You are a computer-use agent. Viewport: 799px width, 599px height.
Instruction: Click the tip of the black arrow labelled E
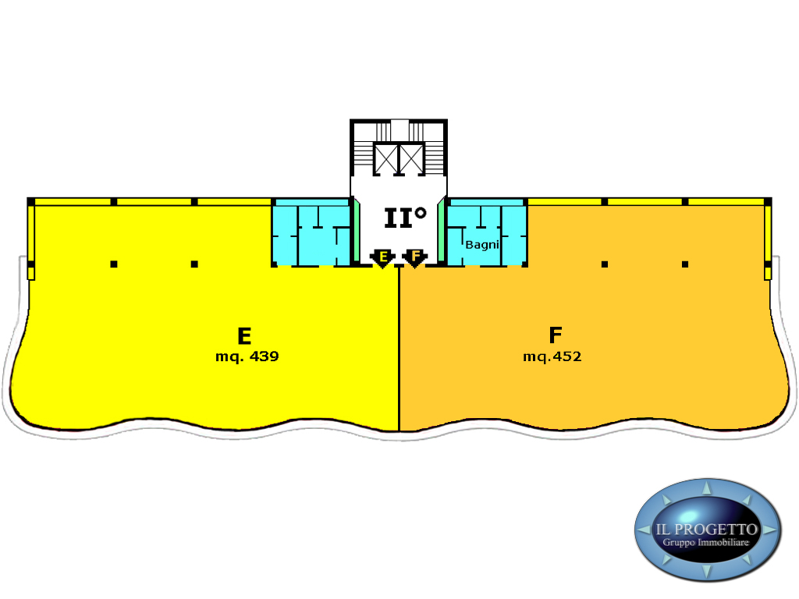tap(382, 268)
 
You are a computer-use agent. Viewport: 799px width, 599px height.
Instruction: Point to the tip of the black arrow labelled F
tap(415, 268)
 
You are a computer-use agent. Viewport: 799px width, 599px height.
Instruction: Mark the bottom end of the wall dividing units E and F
tap(399, 431)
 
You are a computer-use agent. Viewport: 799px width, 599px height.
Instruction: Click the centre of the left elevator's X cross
tap(385, 159)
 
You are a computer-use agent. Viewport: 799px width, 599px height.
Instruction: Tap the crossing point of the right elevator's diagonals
tap(412, 159)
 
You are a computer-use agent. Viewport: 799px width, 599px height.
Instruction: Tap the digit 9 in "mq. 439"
tap(275, 356)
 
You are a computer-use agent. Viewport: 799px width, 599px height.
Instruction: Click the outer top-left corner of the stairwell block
tap(350, 119)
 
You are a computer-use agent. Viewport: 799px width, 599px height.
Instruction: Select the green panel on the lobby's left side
tap(357, 232)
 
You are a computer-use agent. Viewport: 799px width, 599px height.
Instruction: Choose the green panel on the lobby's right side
tap(442, 232)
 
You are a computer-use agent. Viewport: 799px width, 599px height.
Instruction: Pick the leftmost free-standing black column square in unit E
tap(114, 264)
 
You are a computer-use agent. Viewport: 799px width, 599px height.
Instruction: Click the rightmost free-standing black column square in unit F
tap(685, 264)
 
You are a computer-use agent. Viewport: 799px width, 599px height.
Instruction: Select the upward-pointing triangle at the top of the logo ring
tap(707, 487)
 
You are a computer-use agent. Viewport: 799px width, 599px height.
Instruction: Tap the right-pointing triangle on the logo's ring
tap(771, 530)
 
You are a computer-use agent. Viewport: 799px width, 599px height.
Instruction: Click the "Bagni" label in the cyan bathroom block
tap(482, 245)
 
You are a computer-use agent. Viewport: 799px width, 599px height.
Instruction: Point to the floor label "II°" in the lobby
tap(405, 218)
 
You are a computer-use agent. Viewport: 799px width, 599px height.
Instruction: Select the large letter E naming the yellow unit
tap(244, 336)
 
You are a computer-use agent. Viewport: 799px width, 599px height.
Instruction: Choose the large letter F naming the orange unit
tap(556, 335)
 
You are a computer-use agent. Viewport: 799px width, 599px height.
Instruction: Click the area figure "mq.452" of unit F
tap(552, 356)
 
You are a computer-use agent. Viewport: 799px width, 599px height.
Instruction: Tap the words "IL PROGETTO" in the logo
tap(706, 530)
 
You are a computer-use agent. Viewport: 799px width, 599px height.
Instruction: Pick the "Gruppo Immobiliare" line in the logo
tap(705, 543)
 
